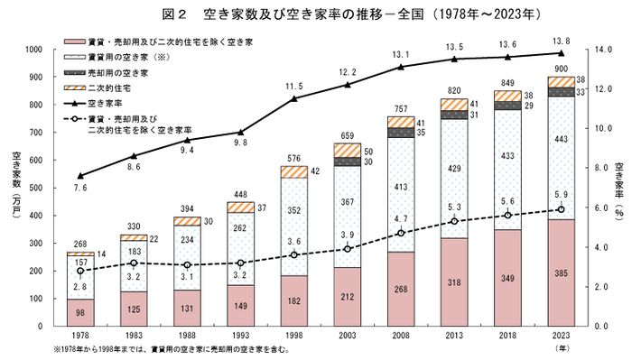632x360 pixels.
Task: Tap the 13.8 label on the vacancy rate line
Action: tap(561, 42)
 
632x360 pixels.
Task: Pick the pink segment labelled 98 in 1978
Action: tap(80, 313)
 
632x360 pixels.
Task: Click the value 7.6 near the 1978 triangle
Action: tap(79, 189)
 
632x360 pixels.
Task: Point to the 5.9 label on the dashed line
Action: tap(561, 194)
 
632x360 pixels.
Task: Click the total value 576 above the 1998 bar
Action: tap(293, 159)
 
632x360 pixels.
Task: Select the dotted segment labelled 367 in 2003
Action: tap(347, 226)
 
